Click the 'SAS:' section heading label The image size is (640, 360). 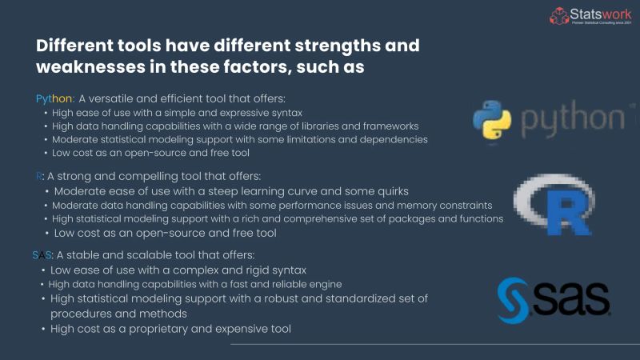pos(43,255)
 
